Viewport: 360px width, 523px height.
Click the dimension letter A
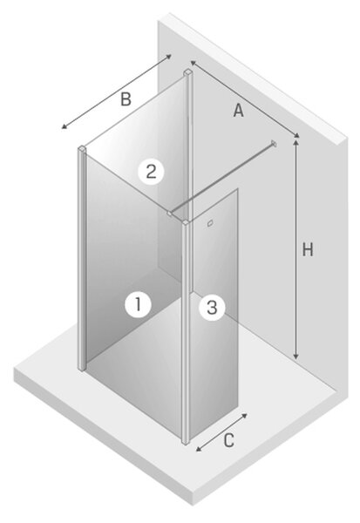point(239,111)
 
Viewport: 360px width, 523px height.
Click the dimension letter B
point(126,99)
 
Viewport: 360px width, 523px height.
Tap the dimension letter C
point(228,440)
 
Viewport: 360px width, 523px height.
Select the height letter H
point(308,249)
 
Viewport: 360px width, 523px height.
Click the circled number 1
point(138,304)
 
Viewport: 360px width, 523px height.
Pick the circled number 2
point(152,172)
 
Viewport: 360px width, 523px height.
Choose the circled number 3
point(212,307)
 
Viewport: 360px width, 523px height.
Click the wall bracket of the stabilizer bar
point(274,144)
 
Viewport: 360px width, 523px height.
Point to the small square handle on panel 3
point(210,223)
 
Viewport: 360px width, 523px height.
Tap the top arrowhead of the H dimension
point(295,142)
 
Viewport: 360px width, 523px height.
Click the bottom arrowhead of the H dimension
point(295,357)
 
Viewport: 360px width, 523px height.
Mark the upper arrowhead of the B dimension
point(168,57)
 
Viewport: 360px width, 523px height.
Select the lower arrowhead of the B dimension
point(65,126)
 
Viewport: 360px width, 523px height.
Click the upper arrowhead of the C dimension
point(244,416)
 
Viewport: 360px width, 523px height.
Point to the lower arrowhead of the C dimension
point(199,449)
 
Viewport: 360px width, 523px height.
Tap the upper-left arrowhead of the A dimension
point(193,63)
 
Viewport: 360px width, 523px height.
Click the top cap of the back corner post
point(187,72)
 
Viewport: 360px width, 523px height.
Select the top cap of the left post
point(83,148)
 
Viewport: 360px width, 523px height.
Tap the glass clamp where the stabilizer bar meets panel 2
point(170,214)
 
